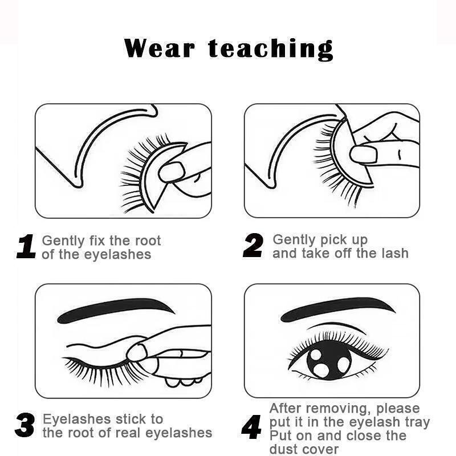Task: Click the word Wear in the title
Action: coord(159,48)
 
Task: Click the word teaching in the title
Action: coord(271,50)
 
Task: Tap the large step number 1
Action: coord(26,247)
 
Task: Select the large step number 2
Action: coord(253,245)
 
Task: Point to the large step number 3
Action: coord(25,425)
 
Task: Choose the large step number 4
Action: coord(251,427)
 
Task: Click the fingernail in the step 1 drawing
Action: coord(172,172)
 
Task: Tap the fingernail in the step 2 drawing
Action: coord(364,154)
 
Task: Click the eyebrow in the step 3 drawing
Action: coord(116,310)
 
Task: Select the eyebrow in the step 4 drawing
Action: coord(337,309)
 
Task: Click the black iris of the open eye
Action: coord(329,360)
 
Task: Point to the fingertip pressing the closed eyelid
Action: coord(137,352)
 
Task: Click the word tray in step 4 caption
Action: coord(417,423)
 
